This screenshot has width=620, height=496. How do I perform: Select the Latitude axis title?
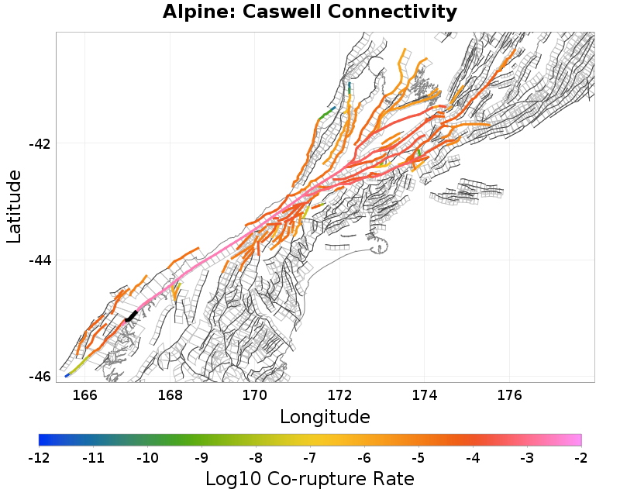(x=15, y=208)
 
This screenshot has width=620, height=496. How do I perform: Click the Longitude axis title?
(x=325, y=417)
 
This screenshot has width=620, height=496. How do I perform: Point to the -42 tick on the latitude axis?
(x=39, y=144)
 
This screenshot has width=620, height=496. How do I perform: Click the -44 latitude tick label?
(x=39, y=260)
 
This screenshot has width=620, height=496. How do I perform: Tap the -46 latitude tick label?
(x=39, y=377)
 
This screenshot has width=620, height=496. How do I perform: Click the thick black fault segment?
(x=131, y=316)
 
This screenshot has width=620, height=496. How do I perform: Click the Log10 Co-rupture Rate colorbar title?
(x=310, y=479)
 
